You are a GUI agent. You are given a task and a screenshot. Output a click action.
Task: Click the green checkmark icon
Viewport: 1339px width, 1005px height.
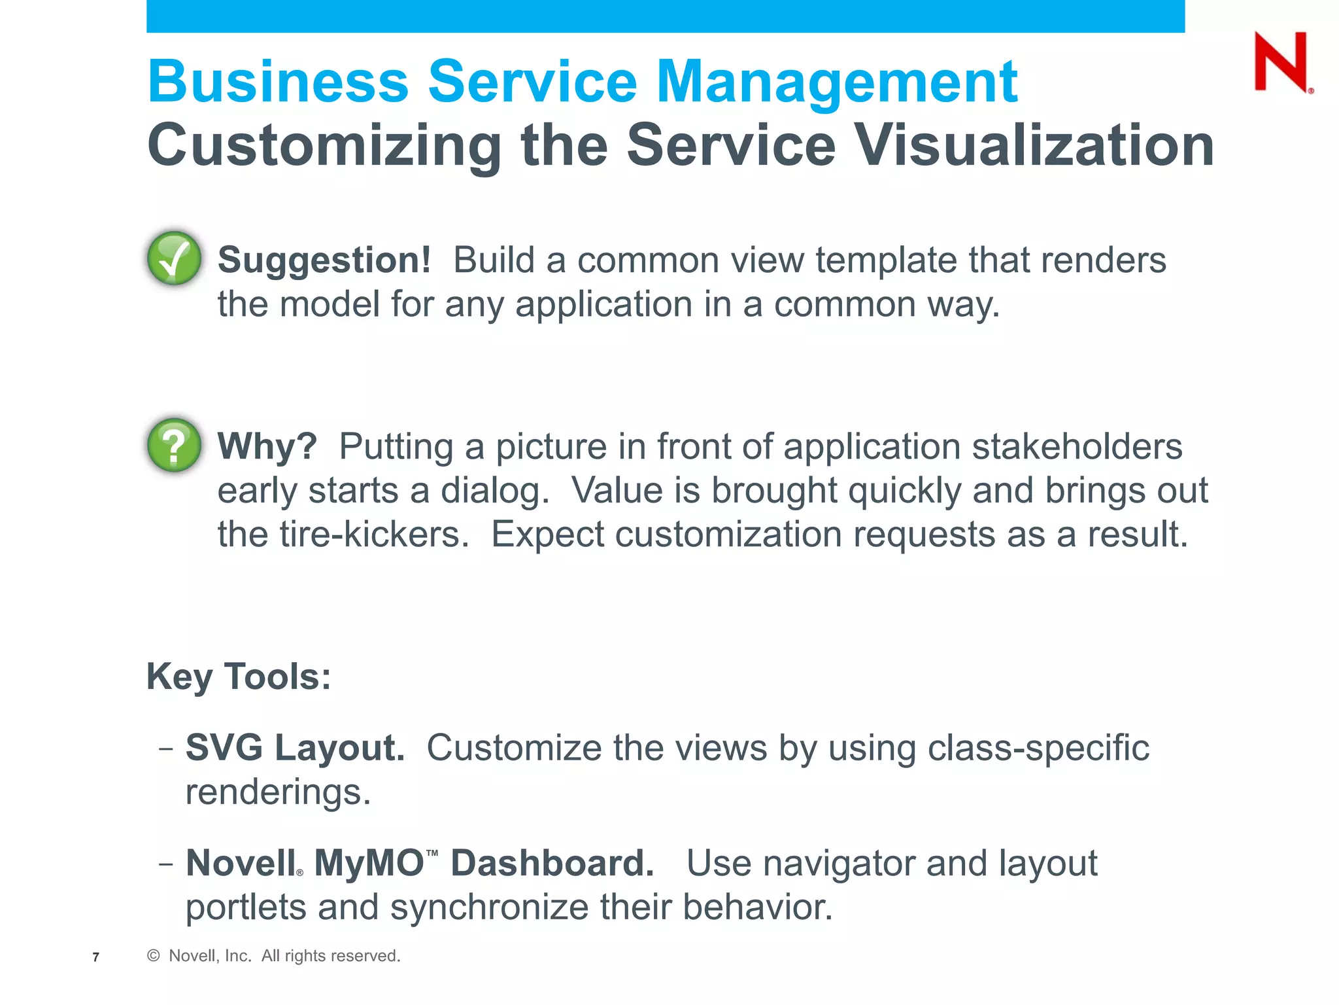pyautogui.click(x=174, y=258)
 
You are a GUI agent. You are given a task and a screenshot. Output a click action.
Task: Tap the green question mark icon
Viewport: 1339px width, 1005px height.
pyautogui.click(x=174, y=445)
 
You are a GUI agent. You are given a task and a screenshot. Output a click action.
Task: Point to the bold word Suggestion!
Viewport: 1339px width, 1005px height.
pyautogui.click(x=324, y=260)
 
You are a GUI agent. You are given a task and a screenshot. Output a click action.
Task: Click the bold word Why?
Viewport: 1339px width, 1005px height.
pyautogui.click(x=267, y=446)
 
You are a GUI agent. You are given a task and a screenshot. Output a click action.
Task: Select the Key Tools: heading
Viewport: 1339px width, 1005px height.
pyautogui.click(x=239, y=676)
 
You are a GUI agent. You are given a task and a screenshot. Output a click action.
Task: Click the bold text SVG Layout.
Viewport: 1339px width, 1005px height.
pyautogui.click(x=295, y=747)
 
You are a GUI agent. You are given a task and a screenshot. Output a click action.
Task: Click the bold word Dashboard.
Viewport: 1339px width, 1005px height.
pyautogui.click(x=552, y=863)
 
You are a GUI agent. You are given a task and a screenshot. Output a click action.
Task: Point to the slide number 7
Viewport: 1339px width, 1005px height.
pyautogui.click(x=96, y=957)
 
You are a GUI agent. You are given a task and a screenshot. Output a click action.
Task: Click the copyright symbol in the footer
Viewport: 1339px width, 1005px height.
pyautogui.click(x=154, y=956)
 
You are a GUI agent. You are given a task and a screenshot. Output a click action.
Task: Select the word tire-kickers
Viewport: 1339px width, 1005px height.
pyautogui.click(x=374, y=535)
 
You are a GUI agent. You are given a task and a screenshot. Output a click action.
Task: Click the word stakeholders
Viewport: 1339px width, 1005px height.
pyautogui.click(x=1077, y=446)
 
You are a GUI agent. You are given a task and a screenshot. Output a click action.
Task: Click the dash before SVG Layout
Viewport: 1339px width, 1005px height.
pyautogui.click(x=166, y=748)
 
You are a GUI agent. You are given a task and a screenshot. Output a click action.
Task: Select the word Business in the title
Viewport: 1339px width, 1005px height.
pyautogui.click(x=278, y=82)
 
